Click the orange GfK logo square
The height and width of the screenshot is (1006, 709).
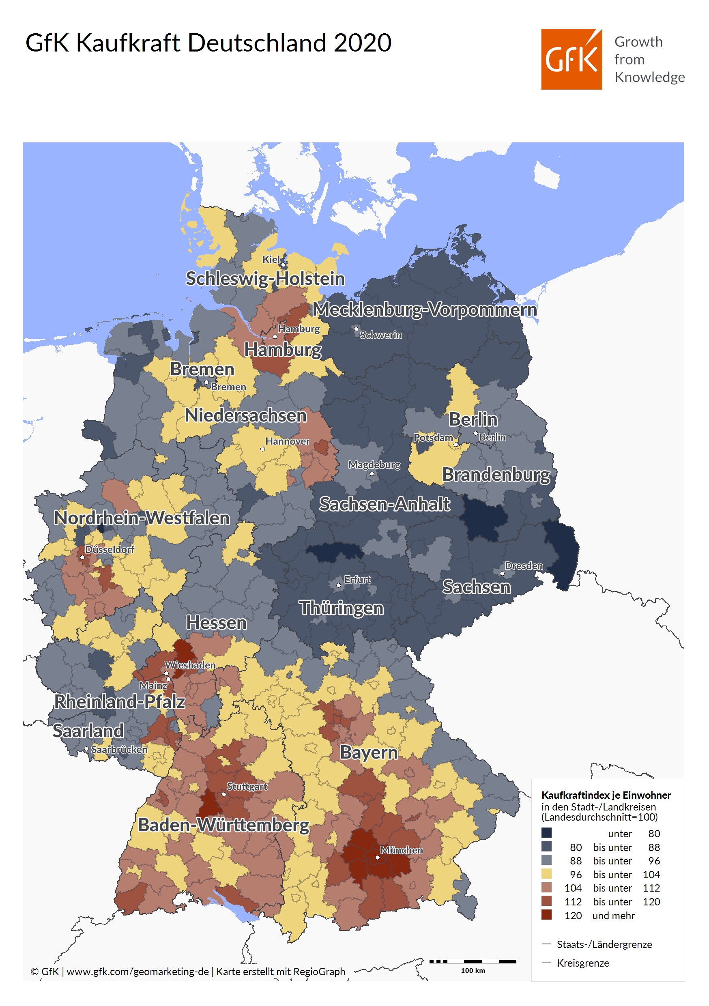click(x=571, y=59)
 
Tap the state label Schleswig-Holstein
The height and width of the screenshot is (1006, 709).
click(x=265, y=279)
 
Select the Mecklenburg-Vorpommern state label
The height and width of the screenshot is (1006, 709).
click(x=424, y=310)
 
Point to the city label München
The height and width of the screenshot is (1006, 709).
click(x=401, y=850)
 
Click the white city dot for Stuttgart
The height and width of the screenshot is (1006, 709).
click(x=224, y=794)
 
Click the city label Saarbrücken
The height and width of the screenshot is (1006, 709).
click(x=119, y=749)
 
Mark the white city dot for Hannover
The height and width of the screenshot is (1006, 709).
click(x=262, y=449)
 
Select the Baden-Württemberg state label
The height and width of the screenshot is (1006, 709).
click(x=223, y=825)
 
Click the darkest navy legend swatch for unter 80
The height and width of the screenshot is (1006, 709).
click(x=546, y=832)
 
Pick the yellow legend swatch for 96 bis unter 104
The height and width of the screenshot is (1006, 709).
click(x=546, y=874)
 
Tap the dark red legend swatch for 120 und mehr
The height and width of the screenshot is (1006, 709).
click(x=546, y=914)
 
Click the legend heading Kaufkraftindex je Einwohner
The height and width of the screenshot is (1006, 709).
click(x=606, y=795)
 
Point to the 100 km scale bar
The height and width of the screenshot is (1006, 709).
click(x=473, y=961)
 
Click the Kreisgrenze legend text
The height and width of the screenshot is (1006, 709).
click(x=582, y=963)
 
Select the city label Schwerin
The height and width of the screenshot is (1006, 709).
click(x=380, y=335)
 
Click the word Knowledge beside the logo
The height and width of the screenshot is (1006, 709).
click(x=649, y=77)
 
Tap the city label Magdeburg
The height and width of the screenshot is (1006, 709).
click(x=374, y=464)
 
